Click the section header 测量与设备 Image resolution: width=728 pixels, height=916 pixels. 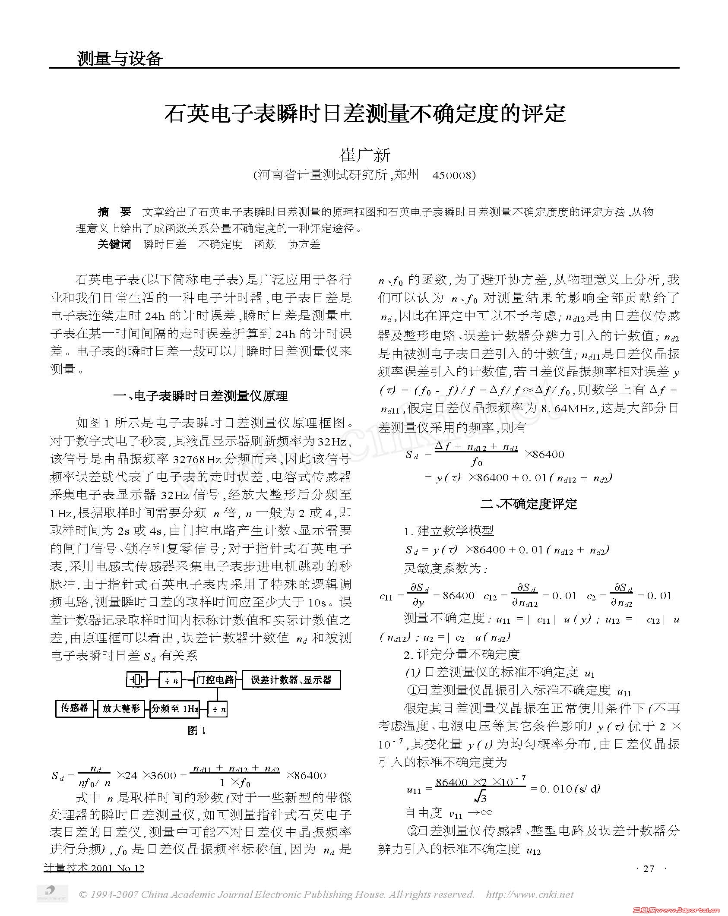click(120, 58)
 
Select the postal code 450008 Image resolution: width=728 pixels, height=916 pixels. click(453, 175)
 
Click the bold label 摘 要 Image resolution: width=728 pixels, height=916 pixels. click(114, 212)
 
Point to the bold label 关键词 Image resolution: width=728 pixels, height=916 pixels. click(114, 244)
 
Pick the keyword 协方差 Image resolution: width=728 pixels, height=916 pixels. click(304, 244)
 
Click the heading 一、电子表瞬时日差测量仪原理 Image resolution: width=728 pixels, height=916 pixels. click(201, 396)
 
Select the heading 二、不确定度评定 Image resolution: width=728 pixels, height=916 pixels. click(529, 504)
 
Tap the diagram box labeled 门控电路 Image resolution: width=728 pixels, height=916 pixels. click(215, 680)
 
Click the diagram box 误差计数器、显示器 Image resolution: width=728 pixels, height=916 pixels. click(291, 680)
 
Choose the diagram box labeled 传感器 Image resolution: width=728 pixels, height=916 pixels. click(75, 708)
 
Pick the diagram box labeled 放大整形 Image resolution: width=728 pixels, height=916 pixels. click(121, 708)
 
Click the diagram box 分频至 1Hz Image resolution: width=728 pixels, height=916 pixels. click(174, 709)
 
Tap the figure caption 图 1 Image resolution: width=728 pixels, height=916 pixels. click(197, 730)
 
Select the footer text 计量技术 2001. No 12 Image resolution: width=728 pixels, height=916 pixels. click(94, 868)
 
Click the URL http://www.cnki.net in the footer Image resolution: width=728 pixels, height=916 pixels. click(530, 894)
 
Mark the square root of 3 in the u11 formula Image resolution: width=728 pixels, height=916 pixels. click(480, 795)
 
